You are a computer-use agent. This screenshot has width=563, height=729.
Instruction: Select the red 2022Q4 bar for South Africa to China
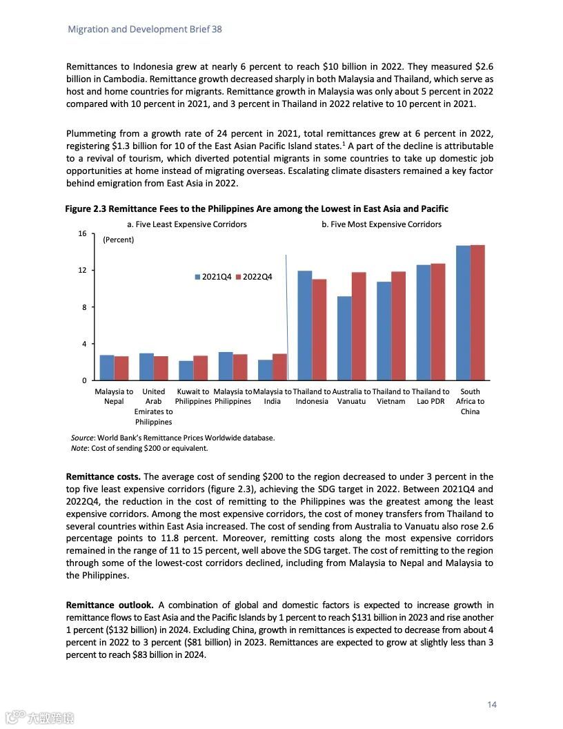tap(477, 312)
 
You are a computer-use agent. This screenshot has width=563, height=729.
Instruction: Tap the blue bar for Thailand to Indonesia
tap(304, 325)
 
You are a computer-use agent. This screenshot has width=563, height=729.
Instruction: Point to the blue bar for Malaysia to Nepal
tap(107, 368)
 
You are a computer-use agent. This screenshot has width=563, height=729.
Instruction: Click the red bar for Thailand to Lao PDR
tap(438, 322)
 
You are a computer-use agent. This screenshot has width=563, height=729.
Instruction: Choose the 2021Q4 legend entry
tap(213, 277)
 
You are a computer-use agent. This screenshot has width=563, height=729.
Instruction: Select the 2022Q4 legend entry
tap(255, 277)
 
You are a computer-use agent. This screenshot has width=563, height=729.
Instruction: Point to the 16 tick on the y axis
tap(82, 233)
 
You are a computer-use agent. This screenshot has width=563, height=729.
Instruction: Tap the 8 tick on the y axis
tap(84, 307)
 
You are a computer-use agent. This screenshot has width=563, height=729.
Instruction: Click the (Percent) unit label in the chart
tap(119, 240)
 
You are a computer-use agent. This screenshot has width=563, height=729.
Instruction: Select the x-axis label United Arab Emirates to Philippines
tap(153, 407)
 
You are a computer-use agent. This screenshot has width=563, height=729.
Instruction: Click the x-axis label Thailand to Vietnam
tap(391, 396)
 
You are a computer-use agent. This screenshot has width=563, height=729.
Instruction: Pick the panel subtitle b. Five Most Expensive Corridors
tap(382, 224)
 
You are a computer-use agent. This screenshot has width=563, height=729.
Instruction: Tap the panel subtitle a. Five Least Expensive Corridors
tap(187, 224)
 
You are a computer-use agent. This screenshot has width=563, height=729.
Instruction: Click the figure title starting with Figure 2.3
tap(257, 208)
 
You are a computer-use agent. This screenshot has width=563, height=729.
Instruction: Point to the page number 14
tap(492, 704)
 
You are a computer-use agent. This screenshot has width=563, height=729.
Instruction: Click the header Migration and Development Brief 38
tap(145, 29)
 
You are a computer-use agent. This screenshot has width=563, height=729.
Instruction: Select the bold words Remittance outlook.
tap(109, 605)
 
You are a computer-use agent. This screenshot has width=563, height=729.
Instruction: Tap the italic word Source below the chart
tap(83, 438)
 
